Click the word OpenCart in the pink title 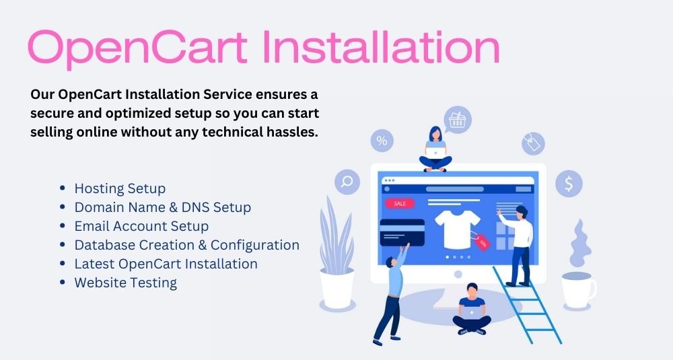click(138, 48)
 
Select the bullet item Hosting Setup click(120, 189)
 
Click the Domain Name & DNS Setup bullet click(163, 207)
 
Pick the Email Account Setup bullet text click(141, 226)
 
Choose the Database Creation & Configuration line click(186, 245)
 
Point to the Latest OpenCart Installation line click(166, 264)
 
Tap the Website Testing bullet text click(125, 283)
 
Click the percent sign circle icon click(382, 141)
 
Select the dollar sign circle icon click(569, 184)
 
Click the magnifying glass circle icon click(347, 182)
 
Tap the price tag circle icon click(533, 143)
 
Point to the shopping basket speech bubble click(457, 120)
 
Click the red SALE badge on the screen click(400, 203)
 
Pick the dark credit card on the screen click(402, 233)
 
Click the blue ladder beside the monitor click(528, 305)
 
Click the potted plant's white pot click(337, 289)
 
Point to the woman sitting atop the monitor click(435, 149)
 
